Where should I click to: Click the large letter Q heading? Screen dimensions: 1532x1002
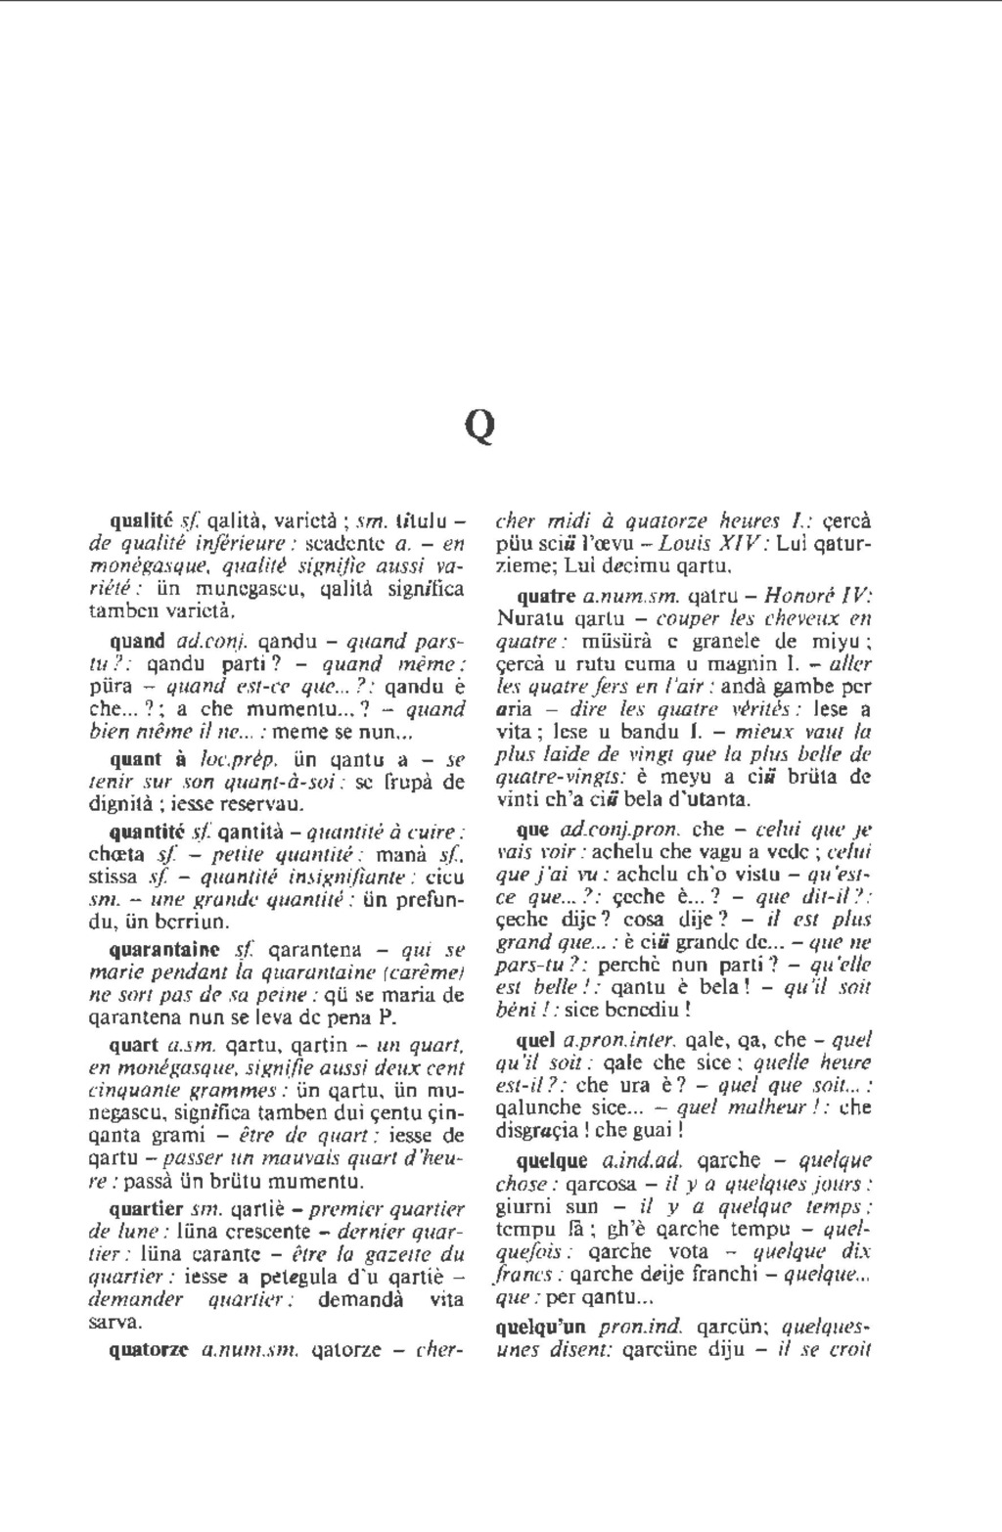(479, 425)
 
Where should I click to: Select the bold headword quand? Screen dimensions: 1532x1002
(137, 642)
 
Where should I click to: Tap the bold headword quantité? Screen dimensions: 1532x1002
(148, 833)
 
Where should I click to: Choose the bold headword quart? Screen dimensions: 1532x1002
(133, 1045)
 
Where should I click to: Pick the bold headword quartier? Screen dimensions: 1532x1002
(146, 1208)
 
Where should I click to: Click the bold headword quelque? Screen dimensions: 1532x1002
(552, 1161)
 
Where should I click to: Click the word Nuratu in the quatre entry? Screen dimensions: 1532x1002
(529, 618)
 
